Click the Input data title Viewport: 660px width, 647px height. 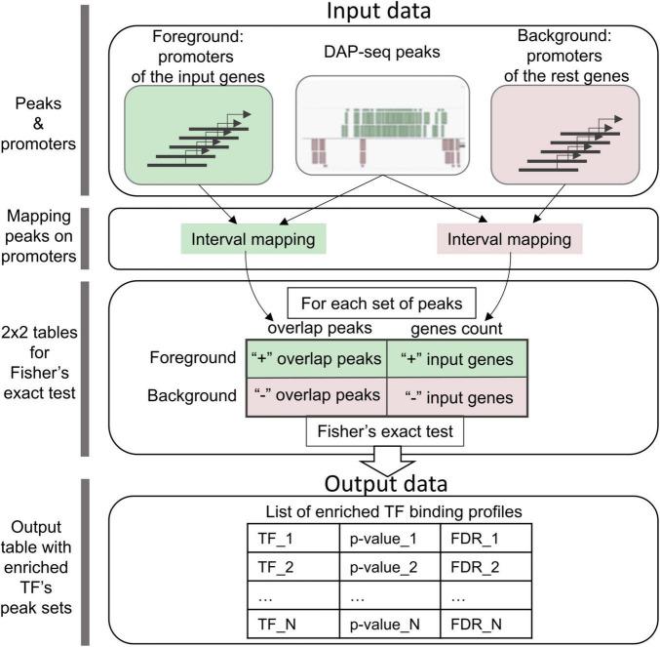coord(378,11)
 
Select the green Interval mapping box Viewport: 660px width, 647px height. coord(253,239)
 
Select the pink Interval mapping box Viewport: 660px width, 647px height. coord(509,239)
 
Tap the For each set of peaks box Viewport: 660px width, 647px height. coord(381,303)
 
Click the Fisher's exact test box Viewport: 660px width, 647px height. coord(385,431)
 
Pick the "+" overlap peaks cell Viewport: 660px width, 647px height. coord(316,359)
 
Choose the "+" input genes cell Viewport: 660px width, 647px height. coord(457,359)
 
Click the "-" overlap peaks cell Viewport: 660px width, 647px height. coord(316,397)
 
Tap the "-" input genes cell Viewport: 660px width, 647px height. coord(457,397)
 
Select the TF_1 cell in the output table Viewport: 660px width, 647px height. coord(293,539)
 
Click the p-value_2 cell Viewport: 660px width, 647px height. coord(390,567)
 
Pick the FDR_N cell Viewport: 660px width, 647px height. coord(486,625)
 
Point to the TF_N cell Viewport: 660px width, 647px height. coord(293,625)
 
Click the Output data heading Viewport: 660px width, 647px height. coord(385,484)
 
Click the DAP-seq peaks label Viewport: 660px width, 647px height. coord(382,52)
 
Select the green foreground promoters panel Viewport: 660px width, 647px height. coord(198,136)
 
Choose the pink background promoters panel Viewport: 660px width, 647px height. coord(565,136)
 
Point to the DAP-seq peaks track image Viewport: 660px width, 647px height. coord(382,126)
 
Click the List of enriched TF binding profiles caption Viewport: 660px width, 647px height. coord(394,511)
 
